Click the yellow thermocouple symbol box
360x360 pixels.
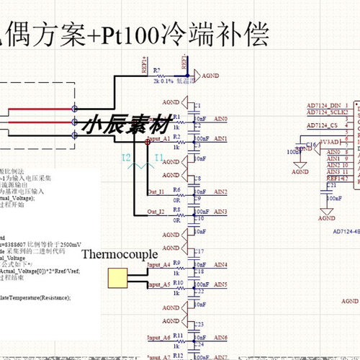117,277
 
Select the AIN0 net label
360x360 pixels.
219,119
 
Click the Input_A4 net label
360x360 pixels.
158,265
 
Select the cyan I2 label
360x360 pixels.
126,157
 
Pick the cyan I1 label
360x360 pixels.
159,157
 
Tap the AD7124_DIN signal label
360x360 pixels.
322,106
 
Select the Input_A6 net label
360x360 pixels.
158,338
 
